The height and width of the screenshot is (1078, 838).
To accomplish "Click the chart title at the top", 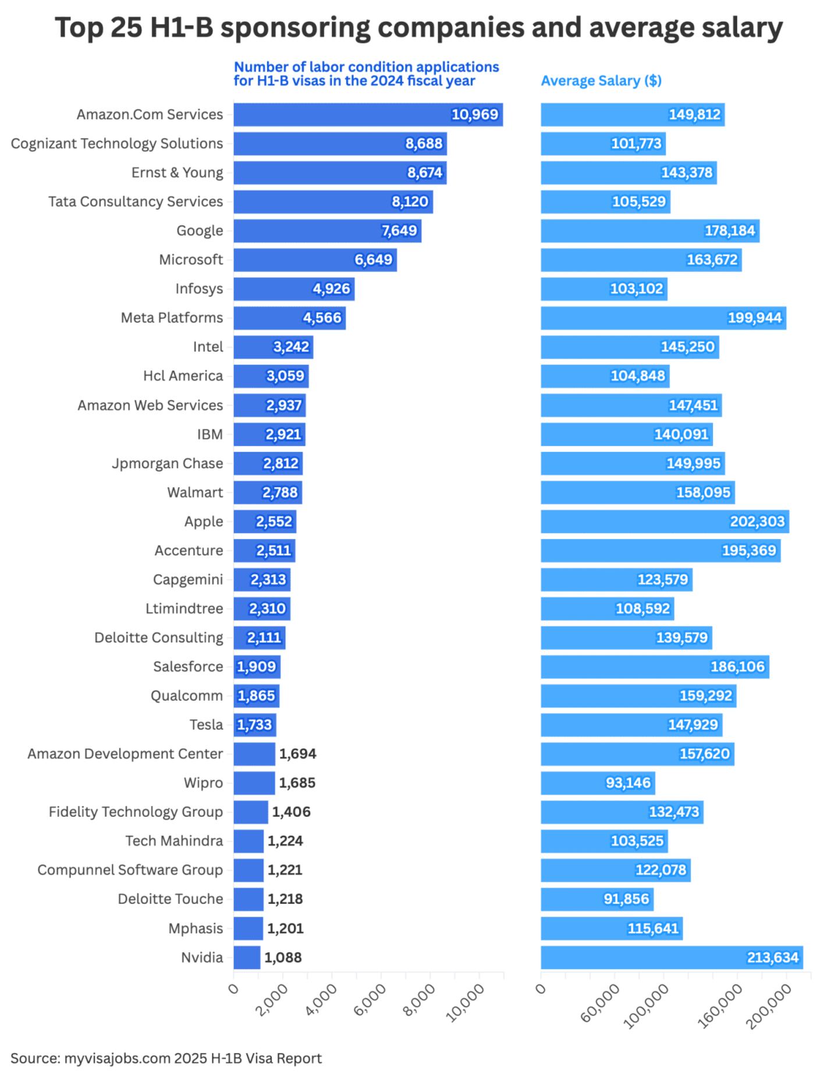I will point(418,27).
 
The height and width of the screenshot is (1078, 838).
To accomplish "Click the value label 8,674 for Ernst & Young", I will point(425,173).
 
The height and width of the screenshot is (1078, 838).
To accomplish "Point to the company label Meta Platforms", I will point(172,318).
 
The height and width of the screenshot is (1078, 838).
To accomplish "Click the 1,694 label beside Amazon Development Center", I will point(297,754).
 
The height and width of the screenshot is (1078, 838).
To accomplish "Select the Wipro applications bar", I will point(254,783).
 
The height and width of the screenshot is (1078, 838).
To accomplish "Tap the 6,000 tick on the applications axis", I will point(370,999).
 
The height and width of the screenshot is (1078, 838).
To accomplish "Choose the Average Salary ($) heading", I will point(601,81).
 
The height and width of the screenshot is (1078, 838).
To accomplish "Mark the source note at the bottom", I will point(166,1058).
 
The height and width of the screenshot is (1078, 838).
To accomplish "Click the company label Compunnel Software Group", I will point(130,870).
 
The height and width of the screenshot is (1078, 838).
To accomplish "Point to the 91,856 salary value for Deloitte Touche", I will point(626,899).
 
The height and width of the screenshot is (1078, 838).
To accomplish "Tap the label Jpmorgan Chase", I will point(167,463).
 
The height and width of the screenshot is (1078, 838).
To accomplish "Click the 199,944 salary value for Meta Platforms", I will point(755,318).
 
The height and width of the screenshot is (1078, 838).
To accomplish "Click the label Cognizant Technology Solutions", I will point(116,144).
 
